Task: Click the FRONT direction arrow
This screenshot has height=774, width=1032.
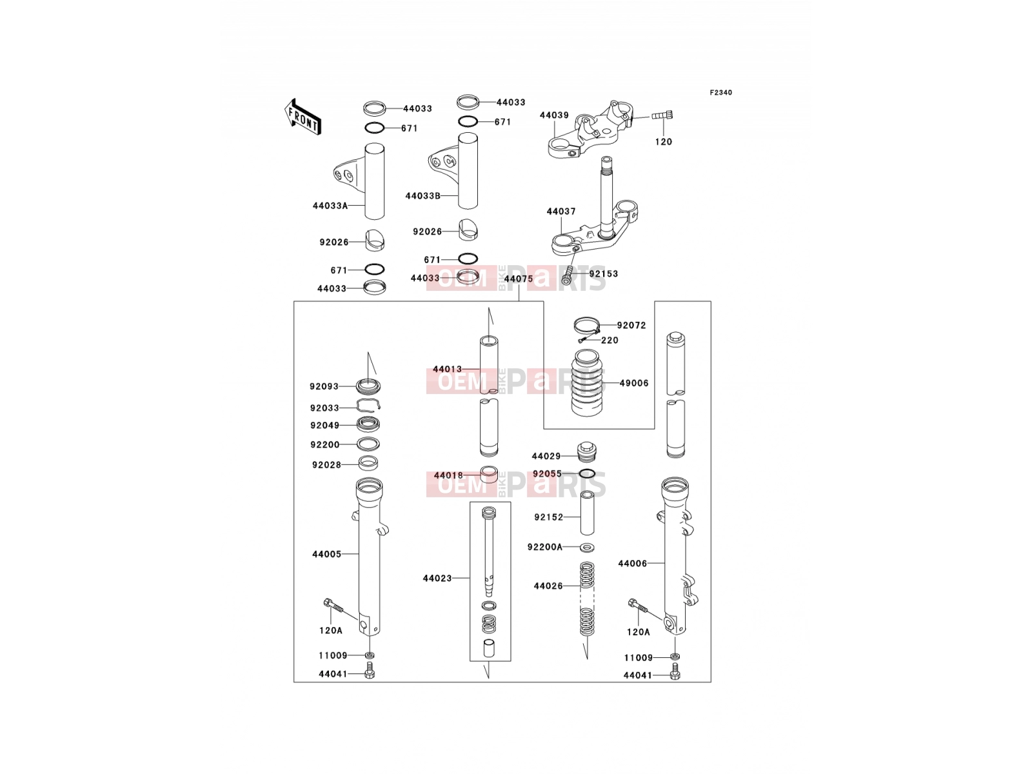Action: click(303, 117)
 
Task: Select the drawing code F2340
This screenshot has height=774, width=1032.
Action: click(720, 93)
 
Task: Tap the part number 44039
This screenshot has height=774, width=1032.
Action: click(554, 115)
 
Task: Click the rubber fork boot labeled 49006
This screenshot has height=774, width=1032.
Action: click(586, 383)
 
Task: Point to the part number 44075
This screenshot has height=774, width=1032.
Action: click(518, 279)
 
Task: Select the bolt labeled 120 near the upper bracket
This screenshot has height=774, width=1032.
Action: click(662, 115)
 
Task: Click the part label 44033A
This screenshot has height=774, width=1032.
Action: click(330, 206)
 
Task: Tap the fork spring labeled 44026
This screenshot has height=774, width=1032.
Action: click(586, 599)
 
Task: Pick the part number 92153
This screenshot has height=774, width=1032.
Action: click(603, 274)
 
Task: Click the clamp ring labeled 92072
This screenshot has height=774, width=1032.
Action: click(587, 324)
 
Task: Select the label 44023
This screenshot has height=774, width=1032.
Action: click(437, 579)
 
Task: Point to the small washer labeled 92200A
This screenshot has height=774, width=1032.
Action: click(587, 547)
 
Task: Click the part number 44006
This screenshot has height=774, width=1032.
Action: click(632, 564)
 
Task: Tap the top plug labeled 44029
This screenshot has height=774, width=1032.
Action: click(587, 452)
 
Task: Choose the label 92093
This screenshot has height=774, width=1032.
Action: click(324, 387)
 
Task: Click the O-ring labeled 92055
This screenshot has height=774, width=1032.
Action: click(587, 473)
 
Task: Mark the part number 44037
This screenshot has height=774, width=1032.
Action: click(561, 212)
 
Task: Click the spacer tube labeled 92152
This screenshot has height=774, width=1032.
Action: click(587, 513)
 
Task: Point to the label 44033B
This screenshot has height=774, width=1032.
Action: click(422, 196)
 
